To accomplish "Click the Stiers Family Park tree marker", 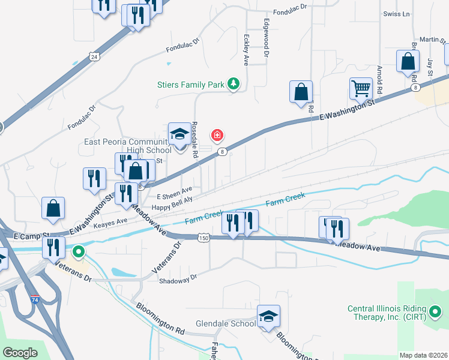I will click(x=234, y=85).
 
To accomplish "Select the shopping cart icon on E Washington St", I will click(x=361, y=89).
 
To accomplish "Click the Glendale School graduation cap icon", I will click(x=268, y=316).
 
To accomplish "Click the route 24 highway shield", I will click(x=94, y=56).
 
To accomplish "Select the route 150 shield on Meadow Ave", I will click(x=204, y=238).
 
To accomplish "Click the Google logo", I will click(x=21, y=353).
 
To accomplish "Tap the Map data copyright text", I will click(x=424, y=355).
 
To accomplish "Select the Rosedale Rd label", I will click(x=195, y=140).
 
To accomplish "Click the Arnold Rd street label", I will click(x=379, y=82).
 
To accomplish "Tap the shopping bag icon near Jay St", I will click(x=408, y=62).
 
